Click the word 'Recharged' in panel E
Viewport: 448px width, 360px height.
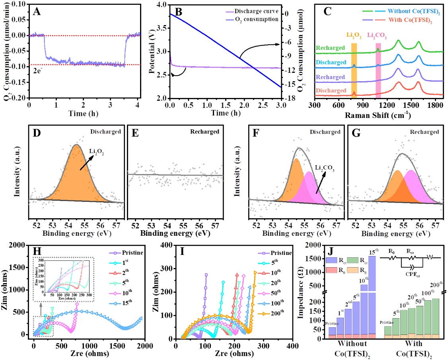click(207, 132)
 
